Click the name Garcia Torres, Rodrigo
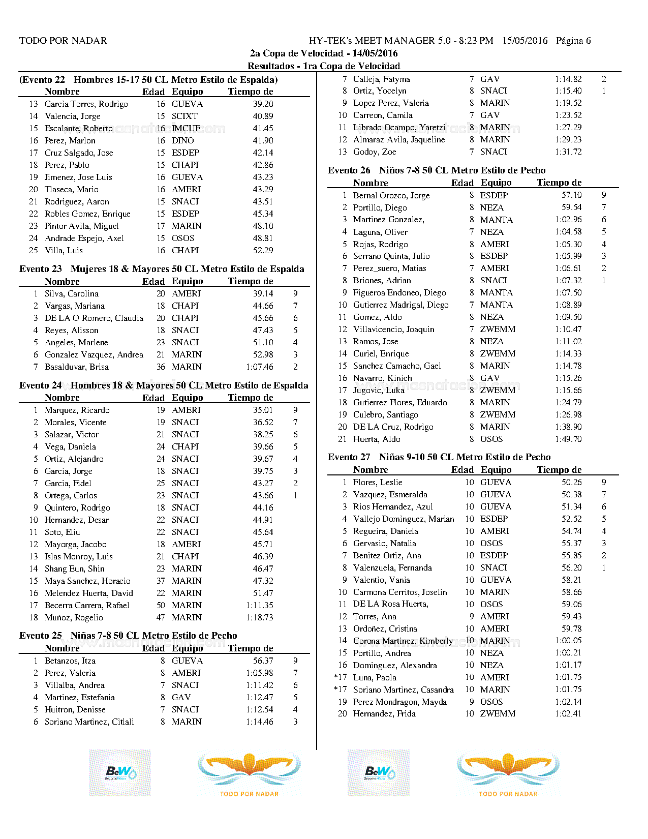86,104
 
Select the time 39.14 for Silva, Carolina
263,294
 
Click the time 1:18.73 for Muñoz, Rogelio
259,618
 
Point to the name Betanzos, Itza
70,661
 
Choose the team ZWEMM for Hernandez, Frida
498,714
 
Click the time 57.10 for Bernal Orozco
571,195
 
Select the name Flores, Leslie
377,483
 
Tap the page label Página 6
573,41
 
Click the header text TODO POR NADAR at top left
63,41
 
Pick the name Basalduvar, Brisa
76,367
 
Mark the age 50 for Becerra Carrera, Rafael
161,606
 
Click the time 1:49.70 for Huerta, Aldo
568,439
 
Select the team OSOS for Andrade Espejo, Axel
183,238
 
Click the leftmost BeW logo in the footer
120,772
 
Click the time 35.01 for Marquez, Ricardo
263,410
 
